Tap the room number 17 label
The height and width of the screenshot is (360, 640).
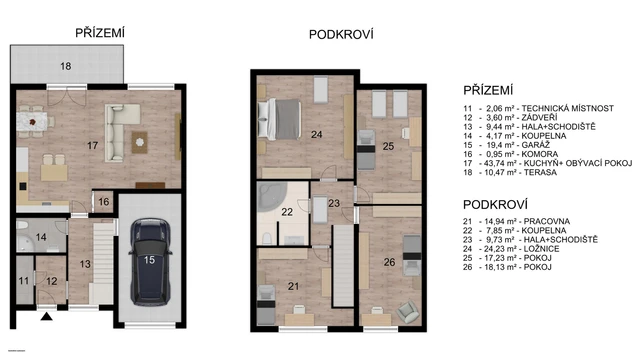point(93,146)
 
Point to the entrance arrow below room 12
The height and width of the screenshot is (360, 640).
point(45,318)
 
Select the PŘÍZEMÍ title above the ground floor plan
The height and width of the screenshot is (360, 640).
point(100,33)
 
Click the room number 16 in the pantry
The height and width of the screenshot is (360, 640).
point(104,201)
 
